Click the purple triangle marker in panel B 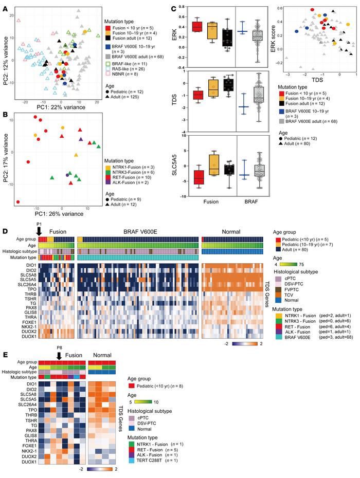point(80,139)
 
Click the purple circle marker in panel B point(68,175)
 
